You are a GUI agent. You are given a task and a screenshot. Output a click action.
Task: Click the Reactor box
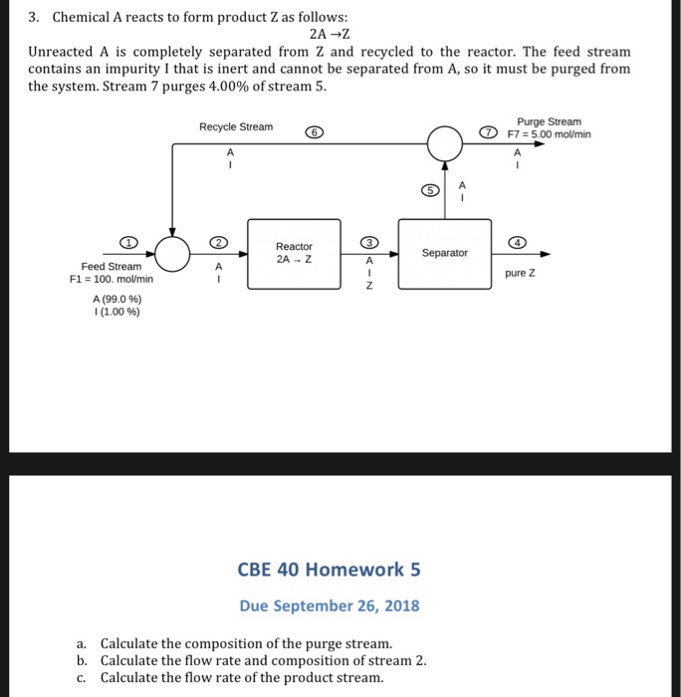[294, 254]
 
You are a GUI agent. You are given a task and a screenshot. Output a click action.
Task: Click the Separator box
[444, 253]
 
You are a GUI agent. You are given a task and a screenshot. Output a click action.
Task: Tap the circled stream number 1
[126, 242]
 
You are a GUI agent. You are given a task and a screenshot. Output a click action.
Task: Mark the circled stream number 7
[488, 133]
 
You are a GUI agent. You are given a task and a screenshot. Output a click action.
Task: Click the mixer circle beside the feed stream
[173, 254]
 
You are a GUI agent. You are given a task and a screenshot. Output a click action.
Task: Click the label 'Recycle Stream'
[236, 127]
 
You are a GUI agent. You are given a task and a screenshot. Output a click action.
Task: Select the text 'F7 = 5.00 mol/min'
[549, 134]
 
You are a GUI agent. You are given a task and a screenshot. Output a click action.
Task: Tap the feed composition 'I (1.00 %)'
[116, 311]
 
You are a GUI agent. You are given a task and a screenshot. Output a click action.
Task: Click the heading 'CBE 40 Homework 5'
[330, 570]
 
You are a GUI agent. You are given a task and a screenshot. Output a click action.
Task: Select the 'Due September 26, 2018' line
[330, 605]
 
